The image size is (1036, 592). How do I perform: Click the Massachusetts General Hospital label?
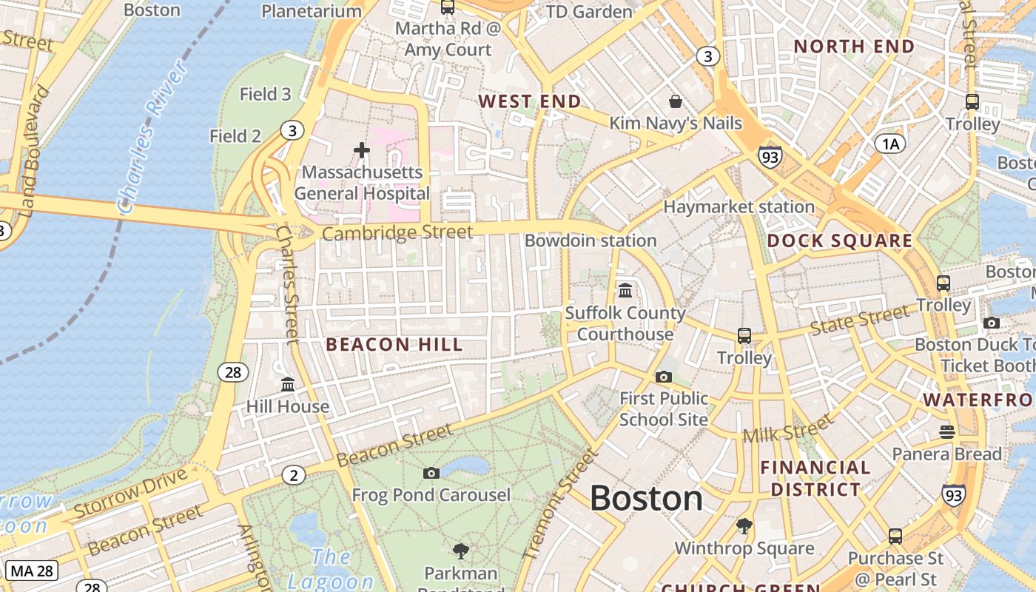click(362, 183)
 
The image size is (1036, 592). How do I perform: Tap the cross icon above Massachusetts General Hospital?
click(362, 151)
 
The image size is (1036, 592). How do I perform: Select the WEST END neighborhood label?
click(529, 101)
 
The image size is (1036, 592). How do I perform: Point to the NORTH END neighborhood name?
click(854, 47)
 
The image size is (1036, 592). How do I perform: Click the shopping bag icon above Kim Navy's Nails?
click(676, 101)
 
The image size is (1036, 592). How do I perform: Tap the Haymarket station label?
click(739, 207)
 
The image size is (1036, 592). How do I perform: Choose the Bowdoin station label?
click(591, 240)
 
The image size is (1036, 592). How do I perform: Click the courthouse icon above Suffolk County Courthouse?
click(625, 290)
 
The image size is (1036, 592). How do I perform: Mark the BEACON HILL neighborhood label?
click(394, 344)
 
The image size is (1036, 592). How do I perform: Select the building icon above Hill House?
click(288, 385)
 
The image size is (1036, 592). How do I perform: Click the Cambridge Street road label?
click(397, 233)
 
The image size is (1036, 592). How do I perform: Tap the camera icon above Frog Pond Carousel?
click(431, 473)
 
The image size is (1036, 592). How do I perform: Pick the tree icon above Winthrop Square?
click(744, 526)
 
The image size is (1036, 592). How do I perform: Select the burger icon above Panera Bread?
click(946, 431)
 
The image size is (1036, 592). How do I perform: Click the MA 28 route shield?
click(32, 571)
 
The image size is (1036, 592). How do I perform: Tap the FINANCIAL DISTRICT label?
click(815, 478)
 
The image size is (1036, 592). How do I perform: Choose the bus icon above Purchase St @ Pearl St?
click(895, 536)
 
